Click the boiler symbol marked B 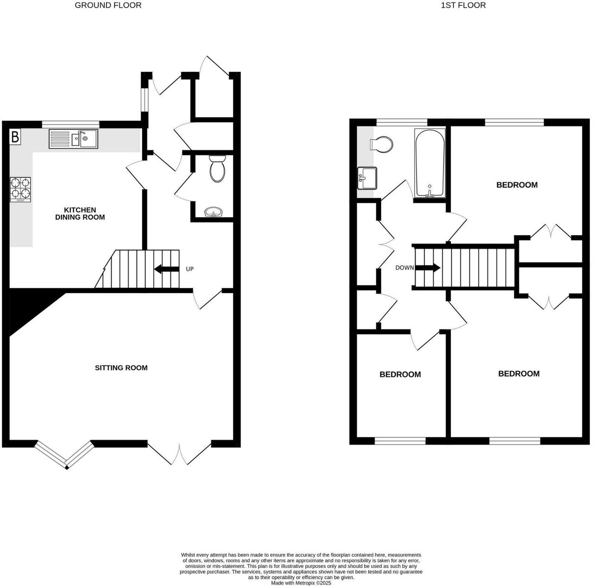point(15,137)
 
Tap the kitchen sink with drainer point(73,139)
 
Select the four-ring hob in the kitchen point(21,189)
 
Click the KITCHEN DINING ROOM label point(80,214)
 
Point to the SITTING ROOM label point(121,368)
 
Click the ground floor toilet point(218,169)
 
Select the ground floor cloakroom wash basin point(214,212)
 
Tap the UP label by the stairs point(190,269)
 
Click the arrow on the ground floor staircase point(166,269)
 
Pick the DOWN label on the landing point(404,268)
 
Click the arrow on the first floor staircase point(428,268)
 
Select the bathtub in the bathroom point(430,163)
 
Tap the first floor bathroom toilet point(382,144)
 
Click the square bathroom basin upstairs point(367,178)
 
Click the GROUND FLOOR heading point(108,5)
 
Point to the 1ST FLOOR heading point(463,5)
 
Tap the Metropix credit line point(301,583)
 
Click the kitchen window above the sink point(71,124)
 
